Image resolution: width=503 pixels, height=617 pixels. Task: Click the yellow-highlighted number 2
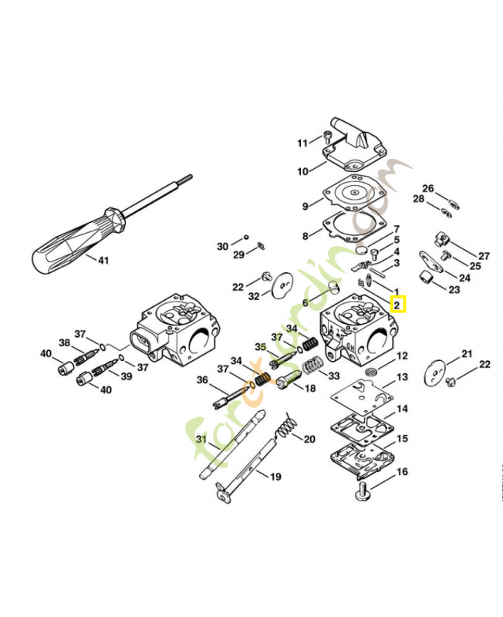397,305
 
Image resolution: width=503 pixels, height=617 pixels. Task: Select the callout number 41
103,261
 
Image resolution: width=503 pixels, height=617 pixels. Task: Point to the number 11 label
302,143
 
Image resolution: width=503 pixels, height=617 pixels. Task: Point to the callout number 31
201,439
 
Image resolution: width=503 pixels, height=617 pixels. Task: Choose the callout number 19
275,477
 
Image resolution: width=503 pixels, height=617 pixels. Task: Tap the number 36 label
202,379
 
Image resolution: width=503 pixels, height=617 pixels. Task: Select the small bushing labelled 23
426,278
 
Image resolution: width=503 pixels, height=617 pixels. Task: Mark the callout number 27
484,256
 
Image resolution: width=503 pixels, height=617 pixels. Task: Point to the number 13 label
402,377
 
